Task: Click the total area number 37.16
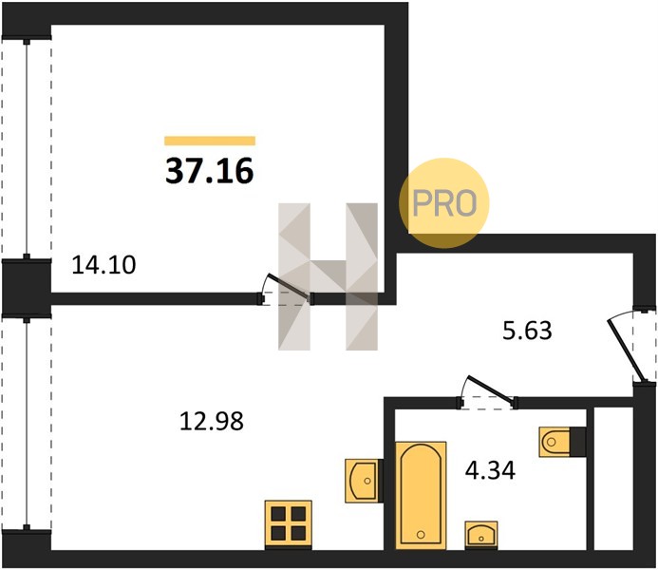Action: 210,171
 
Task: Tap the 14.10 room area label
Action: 103,265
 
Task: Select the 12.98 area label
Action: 212,421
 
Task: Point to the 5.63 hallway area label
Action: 527,331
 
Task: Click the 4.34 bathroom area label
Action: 490,470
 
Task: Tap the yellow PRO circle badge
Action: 444,203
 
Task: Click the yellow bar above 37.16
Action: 210,141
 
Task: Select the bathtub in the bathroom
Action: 421,495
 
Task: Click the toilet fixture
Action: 562,442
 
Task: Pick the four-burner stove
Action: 288,524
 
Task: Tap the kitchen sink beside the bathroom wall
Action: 364,480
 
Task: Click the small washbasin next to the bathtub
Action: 481,534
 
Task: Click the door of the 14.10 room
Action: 286,291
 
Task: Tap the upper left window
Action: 27,149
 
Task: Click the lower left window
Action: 27,423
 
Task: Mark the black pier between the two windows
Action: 26,288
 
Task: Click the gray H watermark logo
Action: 329,276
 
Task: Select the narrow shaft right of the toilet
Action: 612,478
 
